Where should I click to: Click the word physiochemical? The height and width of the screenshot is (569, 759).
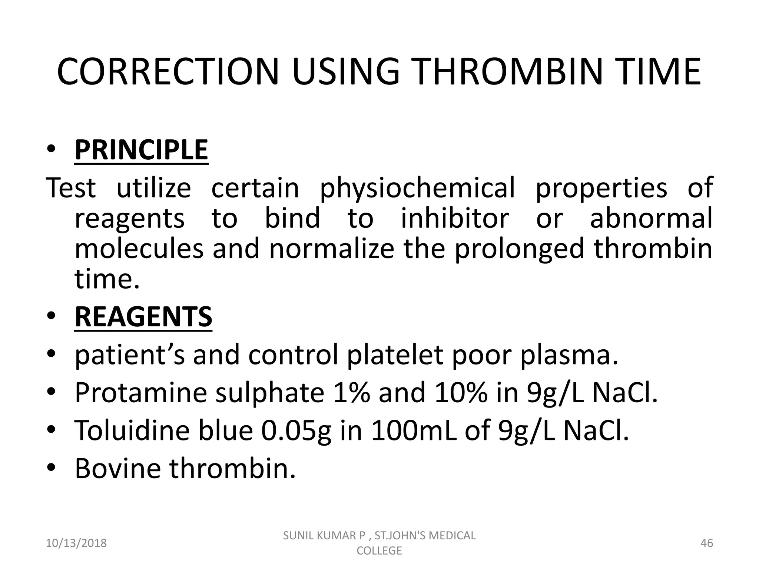[417, 188]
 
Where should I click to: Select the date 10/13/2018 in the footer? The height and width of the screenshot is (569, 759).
[76, 543]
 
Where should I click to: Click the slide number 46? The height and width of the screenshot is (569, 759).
[707, 543]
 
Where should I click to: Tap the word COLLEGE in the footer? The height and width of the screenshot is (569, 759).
[379, 550]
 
